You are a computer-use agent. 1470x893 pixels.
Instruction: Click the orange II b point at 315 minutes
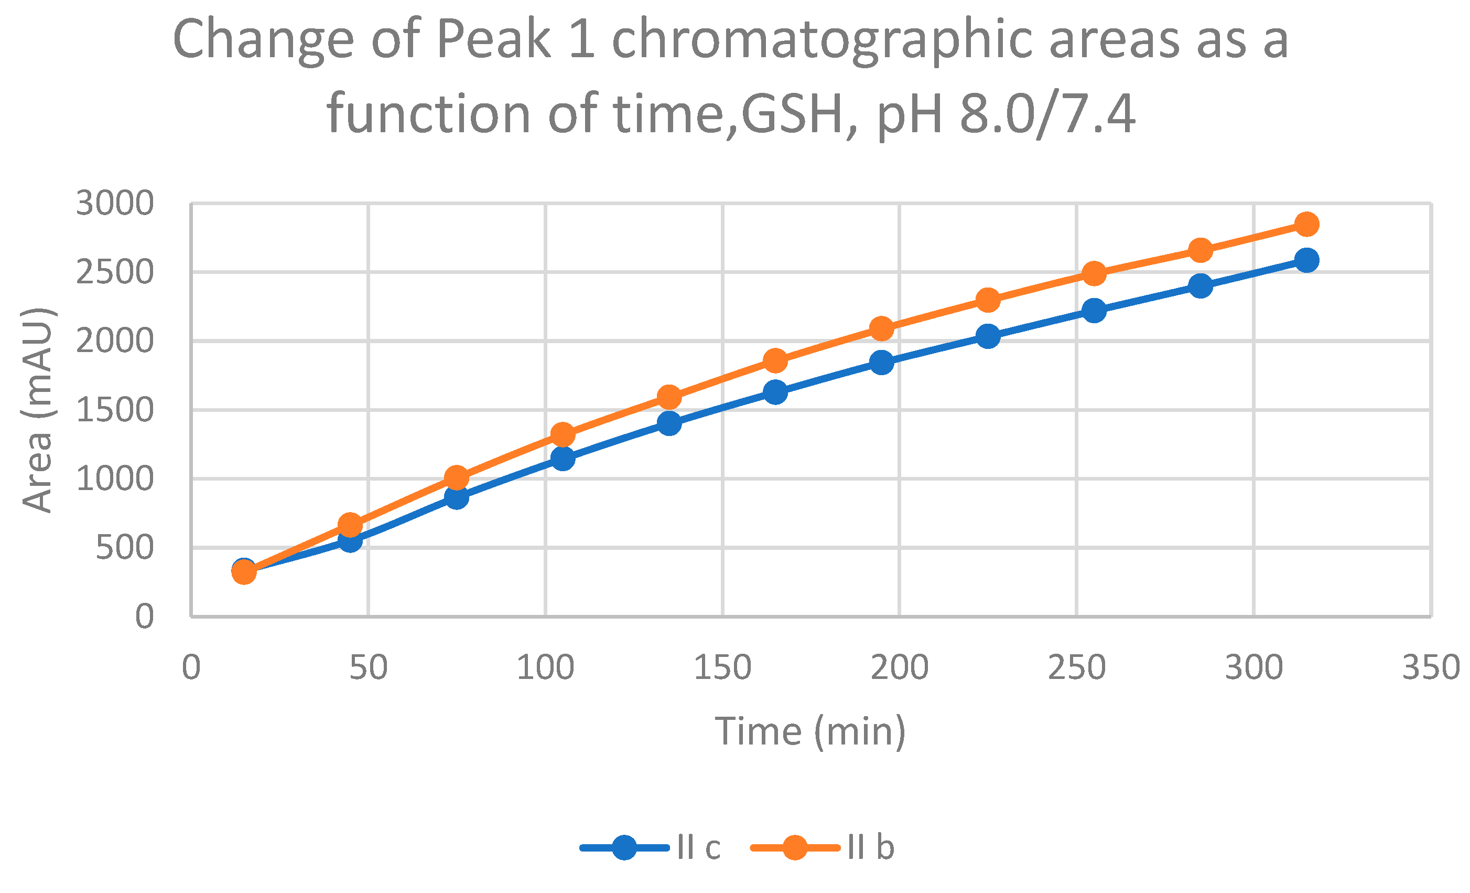tap(1306, 224)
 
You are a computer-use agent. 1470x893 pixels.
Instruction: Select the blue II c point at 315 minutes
tap(1306, 260)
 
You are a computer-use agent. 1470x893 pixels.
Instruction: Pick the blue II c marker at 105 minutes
tap(563, 459)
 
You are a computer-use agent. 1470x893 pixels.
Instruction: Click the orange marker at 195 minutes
tap(882, 328)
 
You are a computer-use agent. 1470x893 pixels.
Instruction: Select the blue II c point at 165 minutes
tap(775, 392)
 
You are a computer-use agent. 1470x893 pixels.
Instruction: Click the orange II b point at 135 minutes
tap(669, 397)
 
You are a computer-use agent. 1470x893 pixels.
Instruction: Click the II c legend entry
tap(698, 848)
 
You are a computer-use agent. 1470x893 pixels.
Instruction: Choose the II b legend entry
tap(870, 848)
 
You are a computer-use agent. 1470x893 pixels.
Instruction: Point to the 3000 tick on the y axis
tap(114, 204)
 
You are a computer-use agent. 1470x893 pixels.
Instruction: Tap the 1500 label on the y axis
tap(114, 410)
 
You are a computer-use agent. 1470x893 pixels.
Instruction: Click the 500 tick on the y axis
tap(124, 547)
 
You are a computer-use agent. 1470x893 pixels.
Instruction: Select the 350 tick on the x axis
tap(1431, 667)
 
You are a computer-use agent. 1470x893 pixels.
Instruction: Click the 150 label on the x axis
tap(722, 667)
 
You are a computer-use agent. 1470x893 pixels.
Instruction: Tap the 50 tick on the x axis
tap(368, 667)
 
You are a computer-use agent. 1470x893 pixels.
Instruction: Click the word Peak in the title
tap(494, 40)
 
